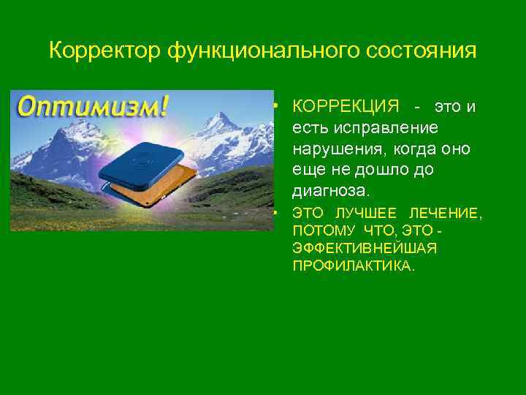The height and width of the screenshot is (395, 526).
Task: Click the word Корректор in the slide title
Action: (105, 52)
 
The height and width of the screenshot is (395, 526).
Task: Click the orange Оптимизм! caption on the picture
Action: (92, 107)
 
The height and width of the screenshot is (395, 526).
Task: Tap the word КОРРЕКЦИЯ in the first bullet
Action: (346, 107)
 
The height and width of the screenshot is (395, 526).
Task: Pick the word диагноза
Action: (331, 192)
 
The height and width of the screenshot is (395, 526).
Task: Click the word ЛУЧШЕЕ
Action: (366, 214)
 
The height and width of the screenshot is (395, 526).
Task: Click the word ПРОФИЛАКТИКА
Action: (353, 266)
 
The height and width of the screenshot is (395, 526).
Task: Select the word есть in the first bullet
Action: (306, 128)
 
